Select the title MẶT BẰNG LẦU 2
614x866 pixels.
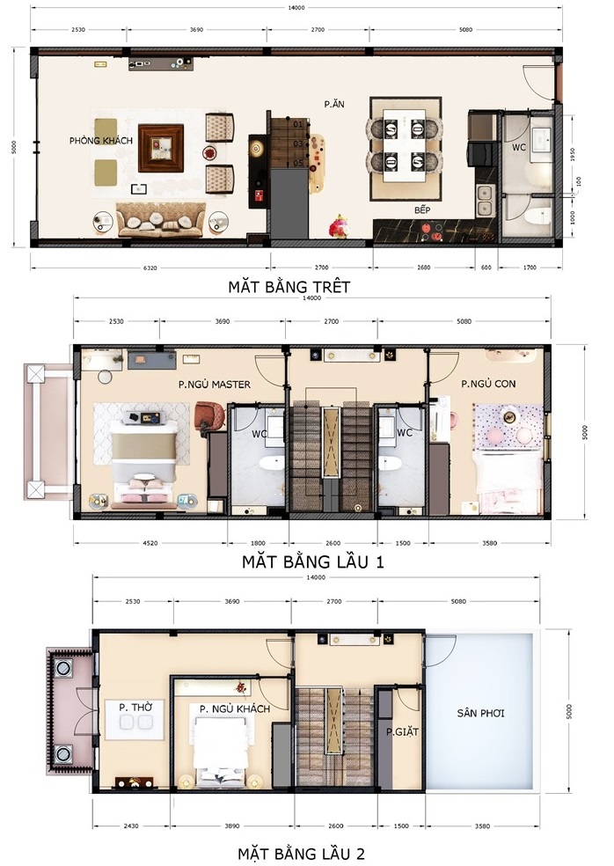302,853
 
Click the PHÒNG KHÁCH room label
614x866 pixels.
101,141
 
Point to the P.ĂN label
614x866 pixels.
333,104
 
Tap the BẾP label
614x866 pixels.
426,211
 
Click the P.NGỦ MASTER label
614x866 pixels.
215,384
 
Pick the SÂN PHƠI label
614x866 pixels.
480,713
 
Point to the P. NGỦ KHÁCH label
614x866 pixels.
235,708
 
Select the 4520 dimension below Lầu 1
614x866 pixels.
149,543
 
